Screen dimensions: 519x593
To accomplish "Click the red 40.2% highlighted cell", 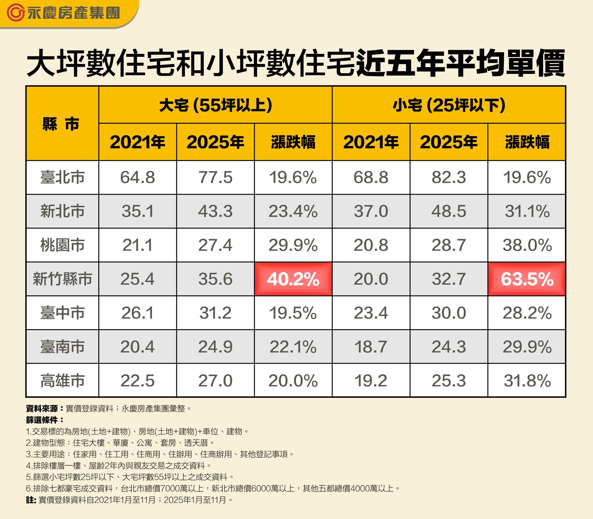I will pos(293,279).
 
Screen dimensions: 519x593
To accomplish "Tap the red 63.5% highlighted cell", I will pos(527,279).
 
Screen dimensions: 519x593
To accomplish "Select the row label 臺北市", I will pos(62,177).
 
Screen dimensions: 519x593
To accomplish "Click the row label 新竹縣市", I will pos(62,279).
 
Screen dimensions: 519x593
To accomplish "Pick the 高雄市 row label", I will pos(62,380).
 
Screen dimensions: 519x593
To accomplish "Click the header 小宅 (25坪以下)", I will pos(449,105).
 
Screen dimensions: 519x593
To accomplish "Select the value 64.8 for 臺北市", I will pos(138,177).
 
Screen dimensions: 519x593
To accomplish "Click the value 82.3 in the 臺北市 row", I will pos(449,177).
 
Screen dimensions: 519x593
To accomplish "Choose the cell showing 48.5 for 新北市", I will pos(449,211).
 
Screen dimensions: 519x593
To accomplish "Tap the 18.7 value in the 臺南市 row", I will pos(371,347).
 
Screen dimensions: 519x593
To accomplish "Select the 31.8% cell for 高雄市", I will pos(527,380).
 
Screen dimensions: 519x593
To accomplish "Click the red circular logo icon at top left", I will pos(15,13).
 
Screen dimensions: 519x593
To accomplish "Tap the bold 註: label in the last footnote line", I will pos(31,500).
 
